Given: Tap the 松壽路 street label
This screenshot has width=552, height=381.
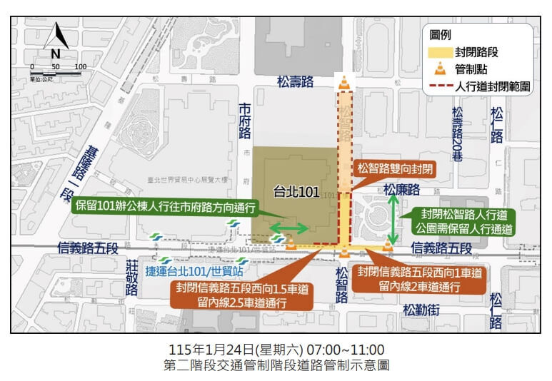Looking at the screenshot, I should (x=295, y=82).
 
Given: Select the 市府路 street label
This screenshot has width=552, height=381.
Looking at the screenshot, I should (x=245, y=120).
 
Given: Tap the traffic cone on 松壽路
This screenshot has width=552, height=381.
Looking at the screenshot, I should (x=345, y=83).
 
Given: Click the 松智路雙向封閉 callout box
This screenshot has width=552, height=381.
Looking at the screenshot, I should (x=394, y=169).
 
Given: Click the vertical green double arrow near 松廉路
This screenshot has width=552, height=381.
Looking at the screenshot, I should (x=393, y=219).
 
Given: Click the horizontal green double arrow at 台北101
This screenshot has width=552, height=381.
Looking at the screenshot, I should (x=288, y=229).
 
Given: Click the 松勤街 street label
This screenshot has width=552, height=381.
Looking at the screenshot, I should (x=421, y=310).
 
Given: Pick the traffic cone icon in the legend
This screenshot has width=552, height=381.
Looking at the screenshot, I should (x=441, y=69).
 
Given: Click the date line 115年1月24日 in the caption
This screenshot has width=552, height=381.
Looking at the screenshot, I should (x=276, y=350).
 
